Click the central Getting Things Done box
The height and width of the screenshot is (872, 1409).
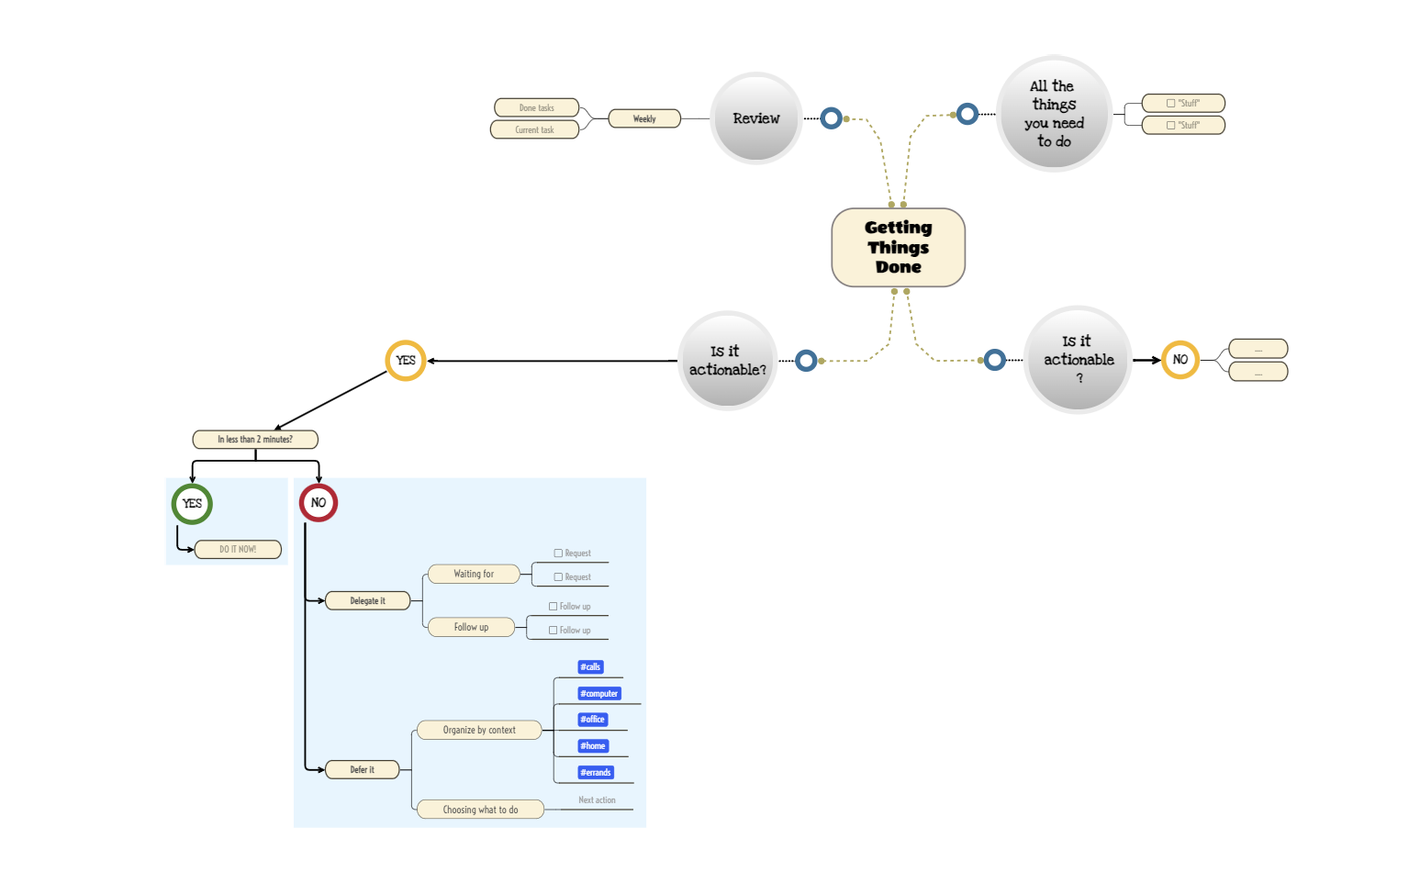pyautogui.click(x=898, y=247)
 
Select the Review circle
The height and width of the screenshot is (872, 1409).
pyautogui.click(x=756, y=118)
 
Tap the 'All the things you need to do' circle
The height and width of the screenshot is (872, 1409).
pyautogui.click(x=1054, y=114)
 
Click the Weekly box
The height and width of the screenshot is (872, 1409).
pyautogui.click(x=644, y=118)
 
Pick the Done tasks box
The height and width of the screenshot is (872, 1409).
pyautogui.click(x=536, y=107)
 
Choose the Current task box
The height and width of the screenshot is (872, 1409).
pyautogui.click(x=534, y=129)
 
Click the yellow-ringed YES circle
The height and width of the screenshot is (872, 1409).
pyautogui.click(x=406, y=361)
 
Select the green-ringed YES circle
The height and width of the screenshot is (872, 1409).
pyautogui.click(x=192, y=503)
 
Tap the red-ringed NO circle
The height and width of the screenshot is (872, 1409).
pyautogui.click(x=319, y=502)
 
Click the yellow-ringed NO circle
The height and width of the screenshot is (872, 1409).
pyautogui.click(x=1180, y=360)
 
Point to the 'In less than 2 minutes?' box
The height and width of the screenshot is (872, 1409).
pyautogui.click(x=255, y=440)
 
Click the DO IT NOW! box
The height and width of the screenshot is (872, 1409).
pyautogui.click(x=238, y=549)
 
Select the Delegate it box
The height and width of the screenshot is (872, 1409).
pyautogui.click(x=367, y=600)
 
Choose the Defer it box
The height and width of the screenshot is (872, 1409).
pyautogui.click(x=362, y=769)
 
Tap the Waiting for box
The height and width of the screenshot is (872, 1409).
pyautogui.click(x=474, y=574)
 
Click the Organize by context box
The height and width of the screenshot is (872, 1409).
pyautogui.click(x=479, y=730)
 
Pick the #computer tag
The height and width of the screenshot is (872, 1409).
pyautogui.click(x=599, y=694)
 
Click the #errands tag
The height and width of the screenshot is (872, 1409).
pyautogui.click(x=596, y=773)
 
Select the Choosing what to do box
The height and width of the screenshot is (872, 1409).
pyautogui.click(x=480, y=810)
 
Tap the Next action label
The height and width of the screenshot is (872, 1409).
pyautogui.click(x=597, y=800)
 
